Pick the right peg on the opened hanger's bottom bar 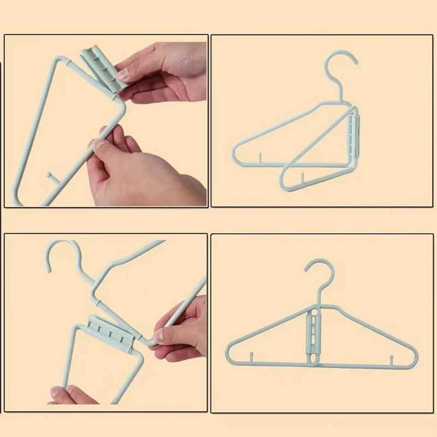[392, 359]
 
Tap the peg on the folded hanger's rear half [261, 158]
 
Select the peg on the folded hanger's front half [302, 176]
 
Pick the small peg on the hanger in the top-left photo [51, 177]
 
